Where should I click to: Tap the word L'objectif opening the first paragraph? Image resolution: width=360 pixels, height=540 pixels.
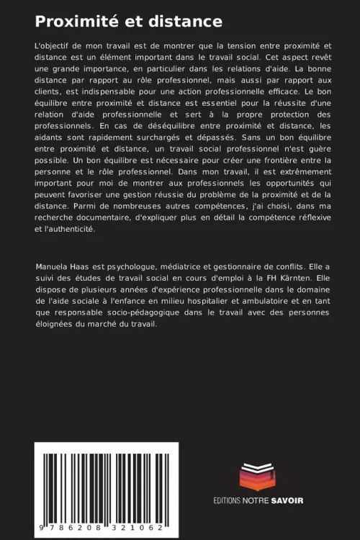(x=55, y=45)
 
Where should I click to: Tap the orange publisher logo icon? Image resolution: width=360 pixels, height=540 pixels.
(x=258, y=476)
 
